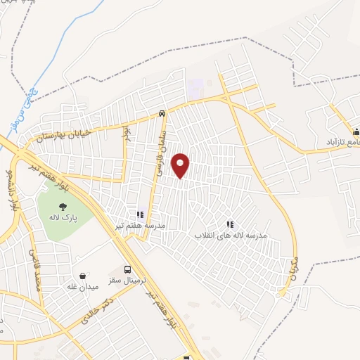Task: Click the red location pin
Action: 181,165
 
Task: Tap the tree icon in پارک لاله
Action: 63,207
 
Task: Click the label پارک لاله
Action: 63,219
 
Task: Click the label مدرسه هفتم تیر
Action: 140,225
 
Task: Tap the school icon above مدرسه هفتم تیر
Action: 140,213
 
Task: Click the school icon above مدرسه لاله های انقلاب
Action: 229,224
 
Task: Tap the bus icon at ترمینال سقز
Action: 127,269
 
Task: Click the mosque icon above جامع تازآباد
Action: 355,131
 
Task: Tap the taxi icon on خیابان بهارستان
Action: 162,113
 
